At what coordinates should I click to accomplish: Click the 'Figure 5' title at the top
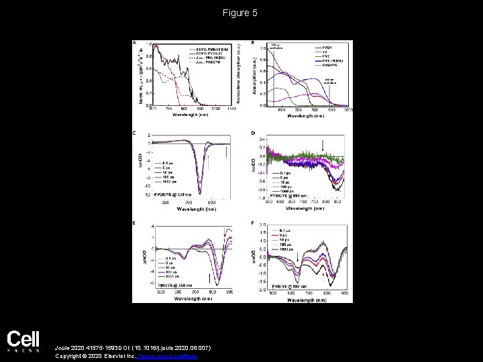(241, 13)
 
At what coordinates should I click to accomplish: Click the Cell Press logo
(23, 342)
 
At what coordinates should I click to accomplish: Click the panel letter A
(134, 44)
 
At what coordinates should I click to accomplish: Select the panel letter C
(134, 133)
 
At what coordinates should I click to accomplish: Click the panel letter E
(134, 222)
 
